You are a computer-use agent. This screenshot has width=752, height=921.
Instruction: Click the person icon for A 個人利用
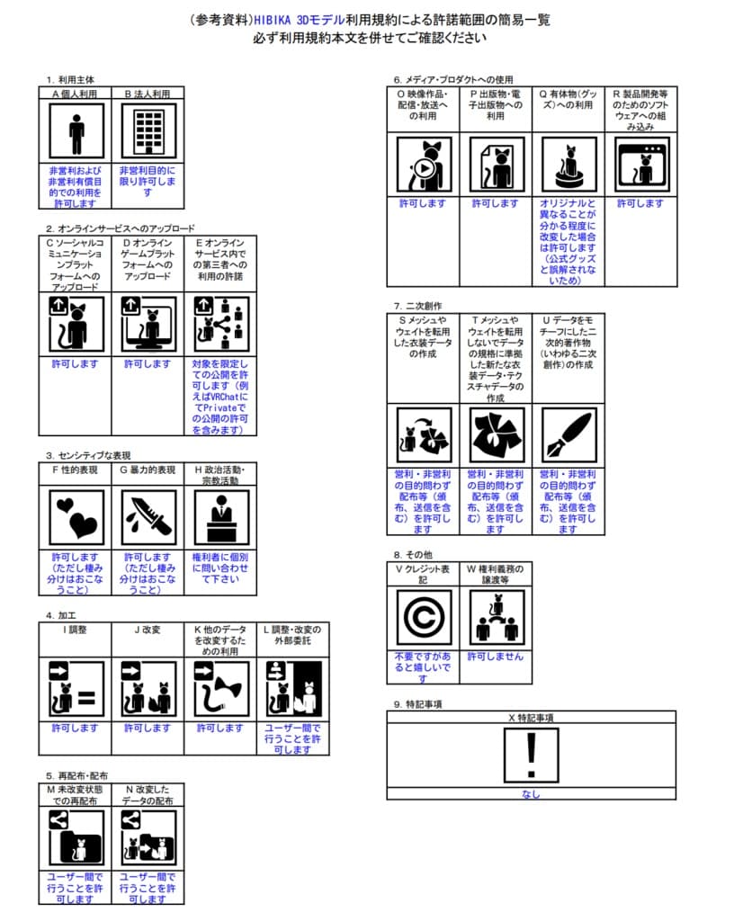point(76,131)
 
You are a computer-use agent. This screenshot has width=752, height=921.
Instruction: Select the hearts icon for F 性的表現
point(76,516)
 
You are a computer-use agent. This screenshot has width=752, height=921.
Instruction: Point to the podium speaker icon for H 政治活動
point(220,516)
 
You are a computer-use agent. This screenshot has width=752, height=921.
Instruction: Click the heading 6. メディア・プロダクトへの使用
point(453,79)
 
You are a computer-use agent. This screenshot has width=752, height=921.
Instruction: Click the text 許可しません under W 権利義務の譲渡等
point(495,657)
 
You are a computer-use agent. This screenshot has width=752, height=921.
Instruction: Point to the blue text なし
point(531,794)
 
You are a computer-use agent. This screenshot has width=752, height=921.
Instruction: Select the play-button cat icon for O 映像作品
point(423,164)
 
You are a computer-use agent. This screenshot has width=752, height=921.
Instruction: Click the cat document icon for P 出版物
point(496,164)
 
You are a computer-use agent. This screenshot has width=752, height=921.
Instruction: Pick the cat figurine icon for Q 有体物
point(568,164)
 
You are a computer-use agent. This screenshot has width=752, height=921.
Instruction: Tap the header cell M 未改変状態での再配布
point(76,794)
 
